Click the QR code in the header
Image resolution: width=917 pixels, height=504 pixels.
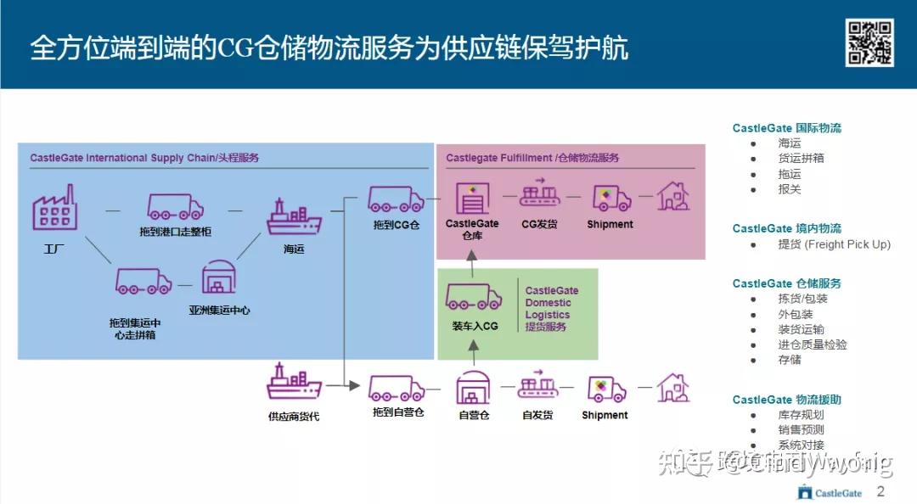tap(869, 42)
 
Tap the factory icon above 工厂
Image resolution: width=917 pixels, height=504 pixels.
tap(54, 209)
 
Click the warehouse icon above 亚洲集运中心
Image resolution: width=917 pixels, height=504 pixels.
tap(218, 277)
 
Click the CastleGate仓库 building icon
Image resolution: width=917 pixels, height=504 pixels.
tap(473, 199)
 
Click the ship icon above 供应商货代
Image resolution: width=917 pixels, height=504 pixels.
tap(294, 383)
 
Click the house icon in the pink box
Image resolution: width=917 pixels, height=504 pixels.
tap(673, 198)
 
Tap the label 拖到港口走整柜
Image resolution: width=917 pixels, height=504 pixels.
tap(174, 232)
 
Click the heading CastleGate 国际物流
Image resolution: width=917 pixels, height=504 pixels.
tap(786, 128)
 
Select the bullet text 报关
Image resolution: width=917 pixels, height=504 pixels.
tap(789, 189)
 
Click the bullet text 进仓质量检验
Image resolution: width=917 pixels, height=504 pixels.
tap(812, 344)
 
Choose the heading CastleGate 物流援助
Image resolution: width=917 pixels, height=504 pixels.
tap(786, 400)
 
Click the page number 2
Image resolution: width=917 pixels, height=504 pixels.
tap(880, 491)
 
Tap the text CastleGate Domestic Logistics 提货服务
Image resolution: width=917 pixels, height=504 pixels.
tap(551, 309)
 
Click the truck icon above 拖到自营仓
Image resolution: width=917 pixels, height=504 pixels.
tap(396, 388)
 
